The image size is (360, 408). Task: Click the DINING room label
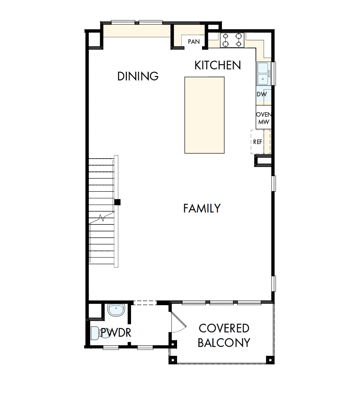coord(138,76)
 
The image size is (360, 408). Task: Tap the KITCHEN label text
coord(218,65)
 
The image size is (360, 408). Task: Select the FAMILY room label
coord(202,208)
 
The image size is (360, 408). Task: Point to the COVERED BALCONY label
coord(224,335)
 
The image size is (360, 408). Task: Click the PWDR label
coord(115,333)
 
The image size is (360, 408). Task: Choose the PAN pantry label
coord(194,42)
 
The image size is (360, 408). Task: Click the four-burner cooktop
coord(232,40)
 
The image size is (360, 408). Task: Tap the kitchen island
coord(204,115)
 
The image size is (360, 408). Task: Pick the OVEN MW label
coord(263,118)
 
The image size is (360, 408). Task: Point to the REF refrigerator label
coord(257,142)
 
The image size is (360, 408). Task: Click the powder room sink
coord(115,310)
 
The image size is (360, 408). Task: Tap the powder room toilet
coord(96,334)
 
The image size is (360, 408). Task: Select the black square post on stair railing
coord(117,202)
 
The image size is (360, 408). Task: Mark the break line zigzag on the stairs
coord(102,218)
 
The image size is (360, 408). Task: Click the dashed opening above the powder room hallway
coord(145,302)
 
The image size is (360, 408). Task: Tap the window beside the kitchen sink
coord(274,74)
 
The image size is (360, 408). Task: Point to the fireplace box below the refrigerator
coord(263,161)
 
